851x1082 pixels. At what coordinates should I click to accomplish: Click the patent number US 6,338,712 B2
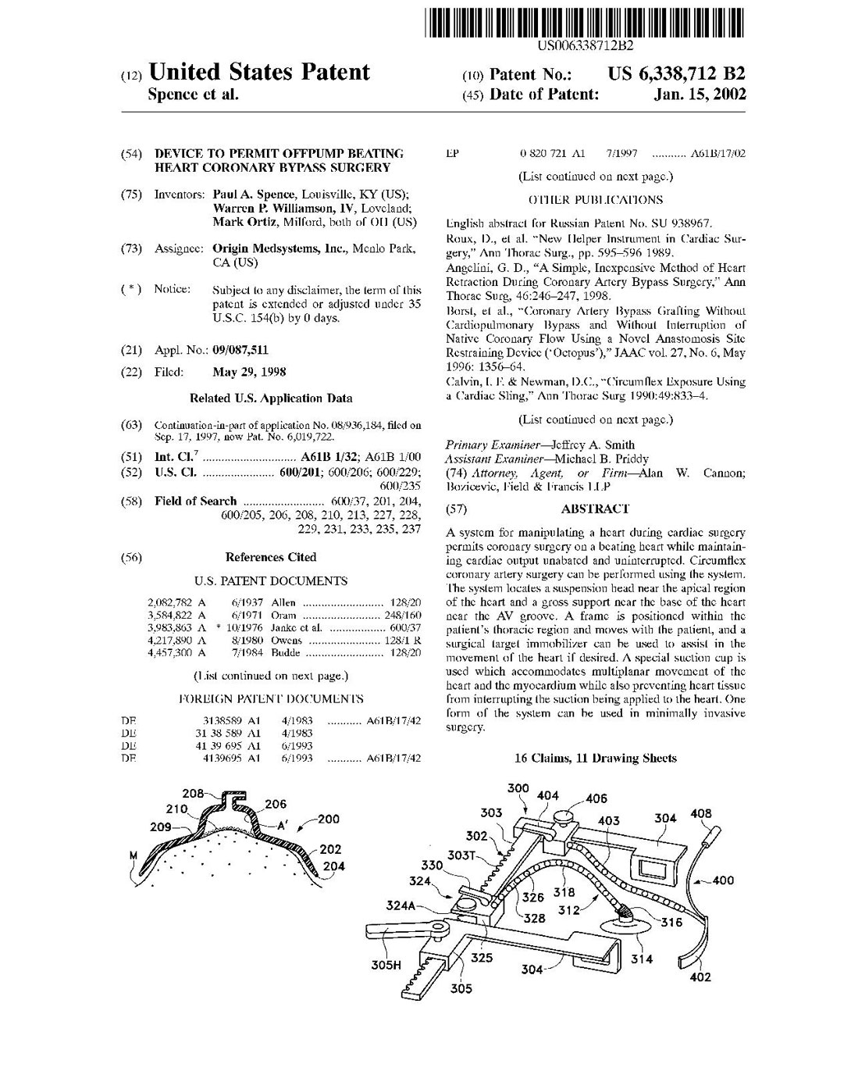675,74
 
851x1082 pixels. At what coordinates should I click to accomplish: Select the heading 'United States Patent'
258,73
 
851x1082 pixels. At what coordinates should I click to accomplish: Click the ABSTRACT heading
595,509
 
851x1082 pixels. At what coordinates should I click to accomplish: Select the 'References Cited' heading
271,557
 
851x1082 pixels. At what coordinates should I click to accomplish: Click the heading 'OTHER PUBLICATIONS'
595,200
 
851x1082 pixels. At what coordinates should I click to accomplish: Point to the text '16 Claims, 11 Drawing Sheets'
596,758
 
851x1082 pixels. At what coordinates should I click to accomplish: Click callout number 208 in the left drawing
193,794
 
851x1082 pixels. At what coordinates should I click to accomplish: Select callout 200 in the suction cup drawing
329,819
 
